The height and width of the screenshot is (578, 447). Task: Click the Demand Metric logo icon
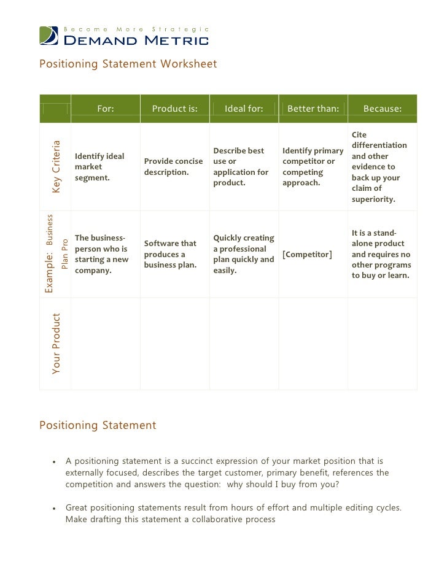tap(49, 36)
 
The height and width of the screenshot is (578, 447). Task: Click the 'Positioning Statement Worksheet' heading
tap(128, 64)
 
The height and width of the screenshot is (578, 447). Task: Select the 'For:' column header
tap(106, 109)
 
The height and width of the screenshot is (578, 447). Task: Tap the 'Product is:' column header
tap(175, 109)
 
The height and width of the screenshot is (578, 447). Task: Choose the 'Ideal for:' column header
tap(244, 109)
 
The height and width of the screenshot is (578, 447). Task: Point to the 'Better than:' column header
tap(313, 109)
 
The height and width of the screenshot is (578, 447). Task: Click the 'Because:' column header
tap(383, 109)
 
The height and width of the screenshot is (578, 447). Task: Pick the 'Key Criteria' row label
tap(56, 167)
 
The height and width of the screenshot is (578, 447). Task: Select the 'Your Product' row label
tap(56, 344)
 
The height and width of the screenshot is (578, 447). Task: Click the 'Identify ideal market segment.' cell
tap(99, 167)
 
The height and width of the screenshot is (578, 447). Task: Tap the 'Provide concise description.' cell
tap(173, 167)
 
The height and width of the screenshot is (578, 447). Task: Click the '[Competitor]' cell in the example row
tap(307, 255)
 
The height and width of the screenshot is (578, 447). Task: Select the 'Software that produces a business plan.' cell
tap(170, 254)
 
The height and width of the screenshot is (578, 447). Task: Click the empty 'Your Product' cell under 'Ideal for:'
tap(244, 344)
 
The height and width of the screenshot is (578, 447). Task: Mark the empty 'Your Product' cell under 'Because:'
tap(383, 344)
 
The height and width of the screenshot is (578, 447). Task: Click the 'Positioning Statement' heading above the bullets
tap(98, 425)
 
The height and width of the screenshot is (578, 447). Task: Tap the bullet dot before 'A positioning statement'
tap(55, 462)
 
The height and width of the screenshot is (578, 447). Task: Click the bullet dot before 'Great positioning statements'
tap(55, 509)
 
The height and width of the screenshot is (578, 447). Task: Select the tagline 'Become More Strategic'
tap(137, 29)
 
